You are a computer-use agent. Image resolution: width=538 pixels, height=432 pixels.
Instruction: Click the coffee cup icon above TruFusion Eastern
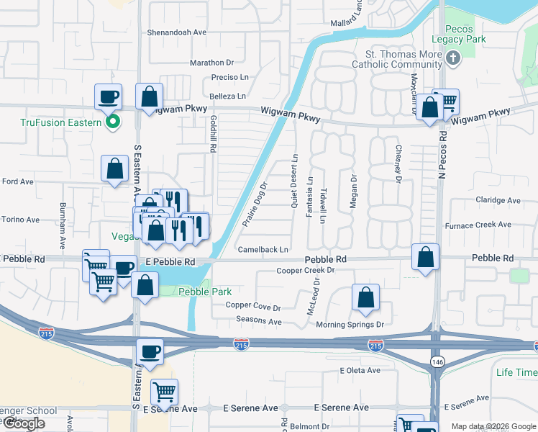[108, 96]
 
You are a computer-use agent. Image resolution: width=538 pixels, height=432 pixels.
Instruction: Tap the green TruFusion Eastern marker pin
[112, 122]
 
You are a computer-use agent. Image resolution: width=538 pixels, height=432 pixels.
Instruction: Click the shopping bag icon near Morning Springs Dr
[365, 298]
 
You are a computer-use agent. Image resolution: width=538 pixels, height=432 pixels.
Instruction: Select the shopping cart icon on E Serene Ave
[165, 392]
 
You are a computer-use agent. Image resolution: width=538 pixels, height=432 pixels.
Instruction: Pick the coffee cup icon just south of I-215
[150, 352]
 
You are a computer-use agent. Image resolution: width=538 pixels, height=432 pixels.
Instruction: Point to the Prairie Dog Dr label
[255, 204]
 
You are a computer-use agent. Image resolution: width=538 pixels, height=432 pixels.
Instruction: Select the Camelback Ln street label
[263, 250]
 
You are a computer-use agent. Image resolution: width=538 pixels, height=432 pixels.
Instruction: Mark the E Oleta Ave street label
[360, 370]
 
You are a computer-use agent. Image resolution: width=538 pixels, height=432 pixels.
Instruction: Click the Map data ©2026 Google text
[493, 426]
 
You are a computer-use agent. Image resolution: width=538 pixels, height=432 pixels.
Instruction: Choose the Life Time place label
[516, 372]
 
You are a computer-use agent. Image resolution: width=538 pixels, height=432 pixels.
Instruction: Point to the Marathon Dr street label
[212, 63]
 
